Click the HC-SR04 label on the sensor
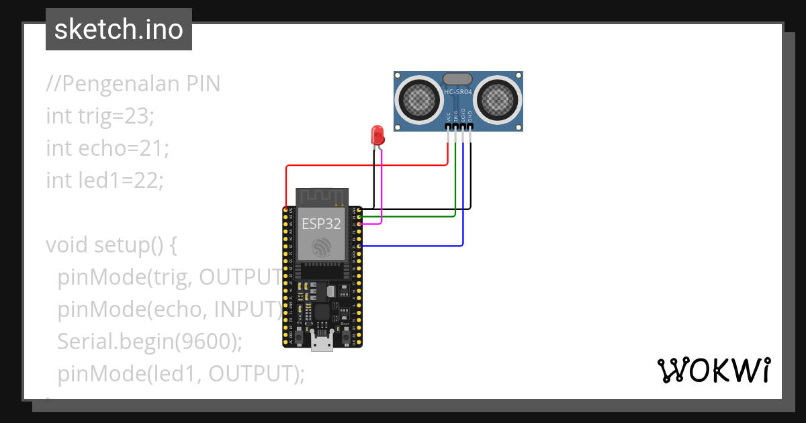[458, 92]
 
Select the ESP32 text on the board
[321, 224]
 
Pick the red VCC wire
[366, 165]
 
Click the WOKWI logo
[713, 371]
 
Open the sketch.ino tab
[119, 30]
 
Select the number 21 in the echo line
[155, 148]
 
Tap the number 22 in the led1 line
[149, 181]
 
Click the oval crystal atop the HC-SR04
[458, 79]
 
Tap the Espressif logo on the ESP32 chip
[322, 246]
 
